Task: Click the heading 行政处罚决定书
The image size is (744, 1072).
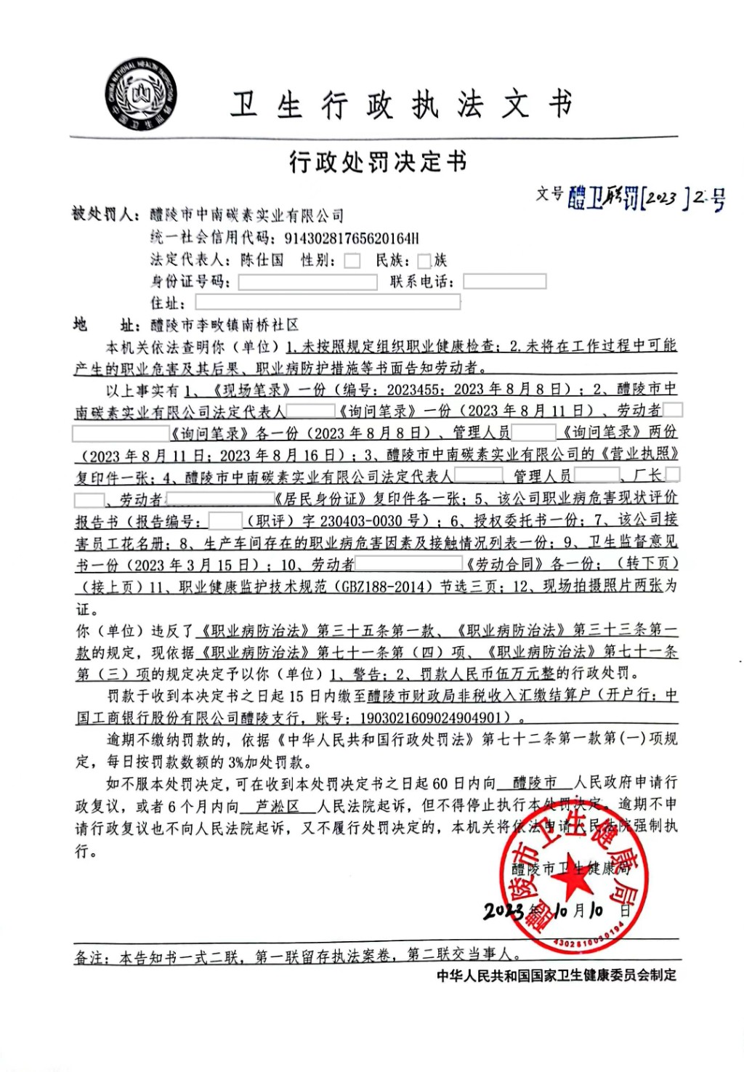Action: (x=377, y=162)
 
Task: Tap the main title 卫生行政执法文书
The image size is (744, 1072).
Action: (x=402, y=105)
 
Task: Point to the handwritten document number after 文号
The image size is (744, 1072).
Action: (x=647, y=197)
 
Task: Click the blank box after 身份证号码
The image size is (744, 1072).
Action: (x=307, y=282)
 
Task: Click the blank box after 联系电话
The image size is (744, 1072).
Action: (x=504, y=281)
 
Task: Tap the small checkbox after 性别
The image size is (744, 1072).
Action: (x=352, y=261)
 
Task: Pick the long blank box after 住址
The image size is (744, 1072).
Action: (x=328, y=302)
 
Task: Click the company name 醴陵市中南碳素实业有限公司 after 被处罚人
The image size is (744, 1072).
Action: (x=247, y=215)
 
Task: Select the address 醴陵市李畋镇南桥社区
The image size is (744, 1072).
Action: (x=225, y=325)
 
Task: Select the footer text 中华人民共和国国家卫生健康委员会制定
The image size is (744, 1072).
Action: (x=556, y=975)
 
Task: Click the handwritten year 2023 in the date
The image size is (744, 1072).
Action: (x=504, y=911)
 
